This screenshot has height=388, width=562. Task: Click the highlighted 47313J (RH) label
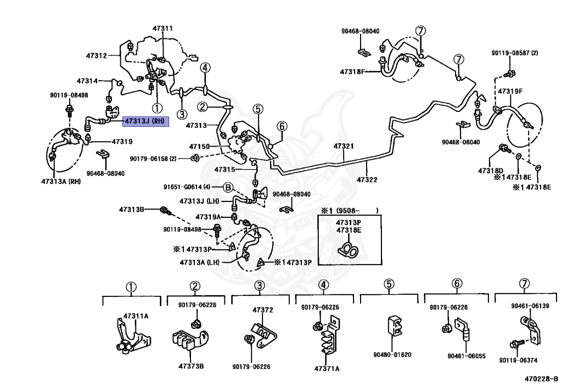point(145,121)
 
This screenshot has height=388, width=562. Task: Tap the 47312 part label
point(96,55)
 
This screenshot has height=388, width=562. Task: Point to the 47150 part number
point(200,147)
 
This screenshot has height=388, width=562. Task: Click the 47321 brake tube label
point(344,147)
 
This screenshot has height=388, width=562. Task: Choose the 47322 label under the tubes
point(367,179)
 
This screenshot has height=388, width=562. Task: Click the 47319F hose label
point(510,91)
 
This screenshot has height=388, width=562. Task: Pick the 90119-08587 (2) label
point(515,53)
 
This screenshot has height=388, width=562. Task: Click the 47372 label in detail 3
point(263,310)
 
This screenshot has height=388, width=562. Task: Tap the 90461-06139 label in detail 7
point(530,306)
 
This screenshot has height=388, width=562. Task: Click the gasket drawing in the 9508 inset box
point(349,251)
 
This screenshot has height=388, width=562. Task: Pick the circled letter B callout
point(228,187)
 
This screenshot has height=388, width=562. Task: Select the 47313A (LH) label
point(199,262)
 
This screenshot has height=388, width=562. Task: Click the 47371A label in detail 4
point(327,368)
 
